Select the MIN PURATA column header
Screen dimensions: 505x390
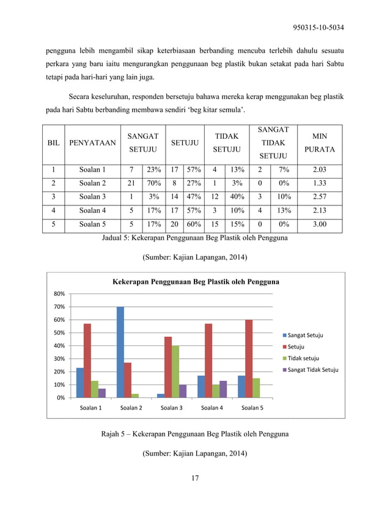319,142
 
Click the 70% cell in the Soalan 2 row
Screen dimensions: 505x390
151,183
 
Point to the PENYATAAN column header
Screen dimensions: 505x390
92,142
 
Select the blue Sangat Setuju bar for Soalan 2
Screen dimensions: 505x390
120,352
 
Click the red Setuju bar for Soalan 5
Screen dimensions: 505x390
248,358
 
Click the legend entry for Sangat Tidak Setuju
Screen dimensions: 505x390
310,369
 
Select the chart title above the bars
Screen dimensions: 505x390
195,282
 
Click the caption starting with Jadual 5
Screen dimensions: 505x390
194,238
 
